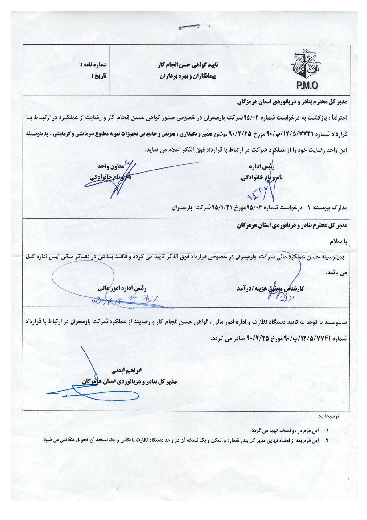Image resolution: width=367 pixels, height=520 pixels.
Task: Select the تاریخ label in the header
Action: click(x=99, y=76)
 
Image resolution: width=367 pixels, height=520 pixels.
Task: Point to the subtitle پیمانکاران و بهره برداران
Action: click(x=188, y=76)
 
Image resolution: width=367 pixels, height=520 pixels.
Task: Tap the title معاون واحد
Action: click(x=111, y=166)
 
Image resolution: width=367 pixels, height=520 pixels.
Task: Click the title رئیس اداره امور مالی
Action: click(x=122, y=289)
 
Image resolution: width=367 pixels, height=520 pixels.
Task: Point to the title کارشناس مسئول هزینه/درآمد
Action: click(x=270, y=288)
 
